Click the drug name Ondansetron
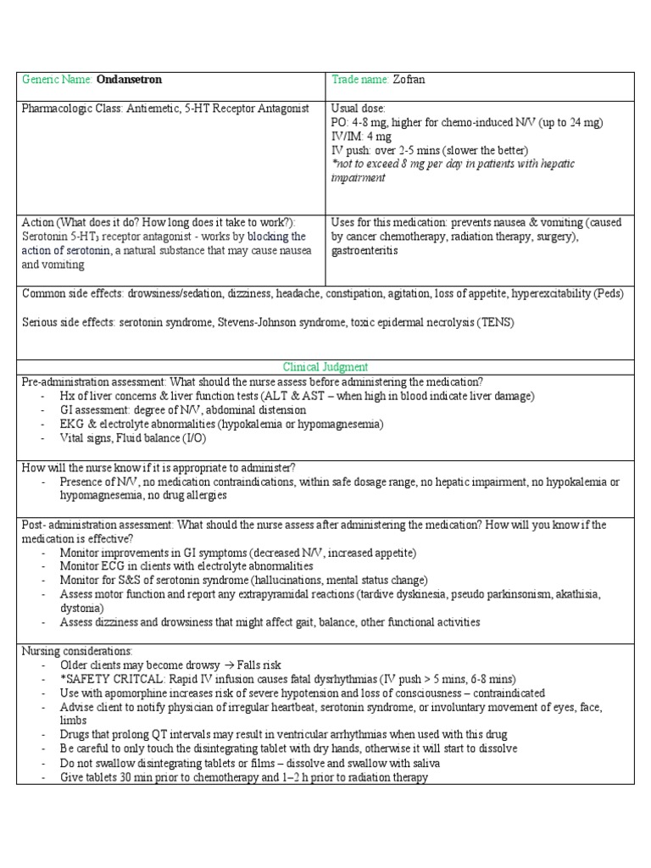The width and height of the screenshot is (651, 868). (x=129, y=80)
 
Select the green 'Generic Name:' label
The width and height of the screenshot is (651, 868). (x=58, y=80)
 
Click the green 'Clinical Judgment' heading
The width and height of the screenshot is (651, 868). (x=325, y=367)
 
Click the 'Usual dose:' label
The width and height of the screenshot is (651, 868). (x=358, y=109)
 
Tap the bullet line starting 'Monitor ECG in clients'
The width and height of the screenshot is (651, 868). (x=186, y=566)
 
